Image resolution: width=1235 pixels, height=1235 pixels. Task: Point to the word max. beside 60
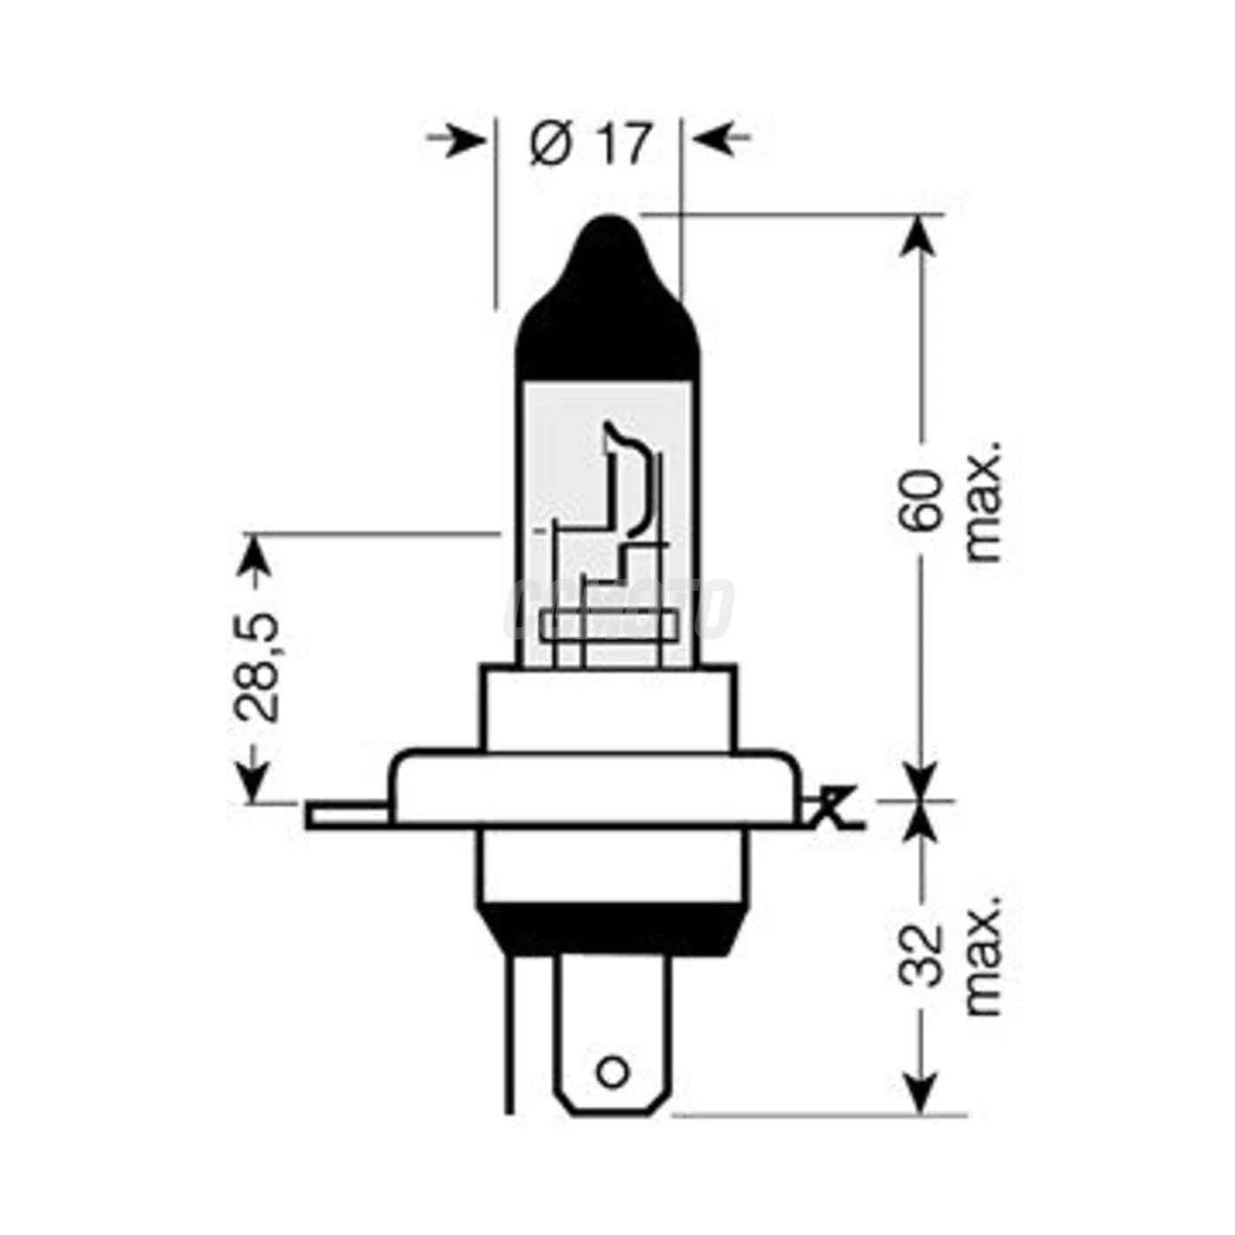click(x=984, y=501)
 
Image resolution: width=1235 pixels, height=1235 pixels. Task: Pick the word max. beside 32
click(x=984, y=954)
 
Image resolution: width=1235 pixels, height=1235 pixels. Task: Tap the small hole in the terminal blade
click(x=612, y=1073)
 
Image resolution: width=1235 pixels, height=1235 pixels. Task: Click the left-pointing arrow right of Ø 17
click(x=719, y=138)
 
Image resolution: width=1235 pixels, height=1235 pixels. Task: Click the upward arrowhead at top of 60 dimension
click(x=919, y=234)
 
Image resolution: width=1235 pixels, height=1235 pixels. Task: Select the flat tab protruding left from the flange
click(x=348, y=815)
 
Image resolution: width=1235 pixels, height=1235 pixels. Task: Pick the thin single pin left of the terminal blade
click(x=509, y=1032)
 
